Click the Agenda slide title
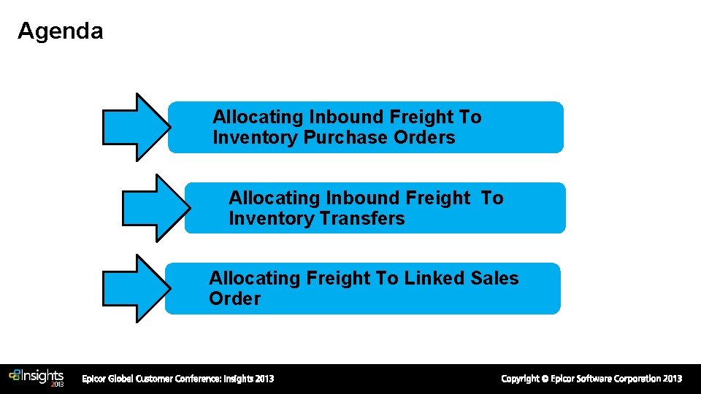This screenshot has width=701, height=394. point(60,31)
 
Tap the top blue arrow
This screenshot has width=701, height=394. point(136,127)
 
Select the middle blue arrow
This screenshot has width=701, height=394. point(155,207)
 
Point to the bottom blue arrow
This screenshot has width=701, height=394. point(136,288)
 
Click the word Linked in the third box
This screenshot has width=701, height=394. point(434,279)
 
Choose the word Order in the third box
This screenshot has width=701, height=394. point(234,299)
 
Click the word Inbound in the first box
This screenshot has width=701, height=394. point(346,117)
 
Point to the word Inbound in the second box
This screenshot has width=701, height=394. point(362,198)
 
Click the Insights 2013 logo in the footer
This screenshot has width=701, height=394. point(37,377)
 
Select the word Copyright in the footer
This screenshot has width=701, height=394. point(520,379)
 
